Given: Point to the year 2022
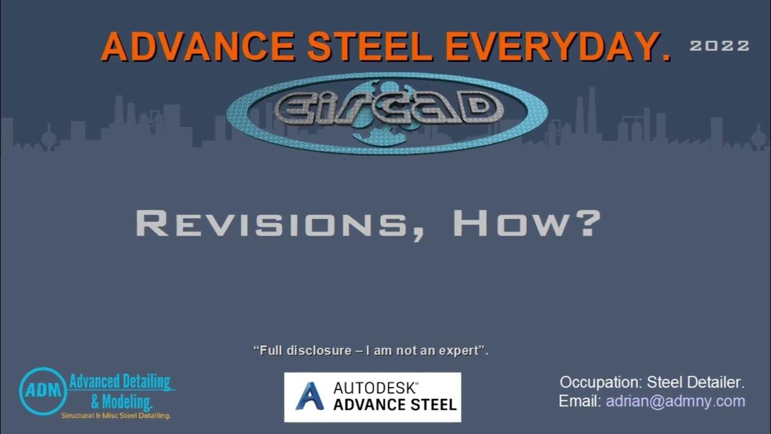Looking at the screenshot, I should point(719,46).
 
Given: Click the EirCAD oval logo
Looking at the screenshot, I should point(387,113).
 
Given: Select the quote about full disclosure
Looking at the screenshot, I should point(371,350).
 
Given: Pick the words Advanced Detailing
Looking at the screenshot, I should point(119,382).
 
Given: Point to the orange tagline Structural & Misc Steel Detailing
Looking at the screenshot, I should point(116,416).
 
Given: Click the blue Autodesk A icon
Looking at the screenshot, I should point(310,397).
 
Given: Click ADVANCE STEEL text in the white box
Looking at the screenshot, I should point(395,404).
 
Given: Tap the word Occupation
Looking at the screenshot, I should point(599,382).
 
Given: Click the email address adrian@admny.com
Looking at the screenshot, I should point(675,401).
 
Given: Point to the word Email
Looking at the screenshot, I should point(579,401).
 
